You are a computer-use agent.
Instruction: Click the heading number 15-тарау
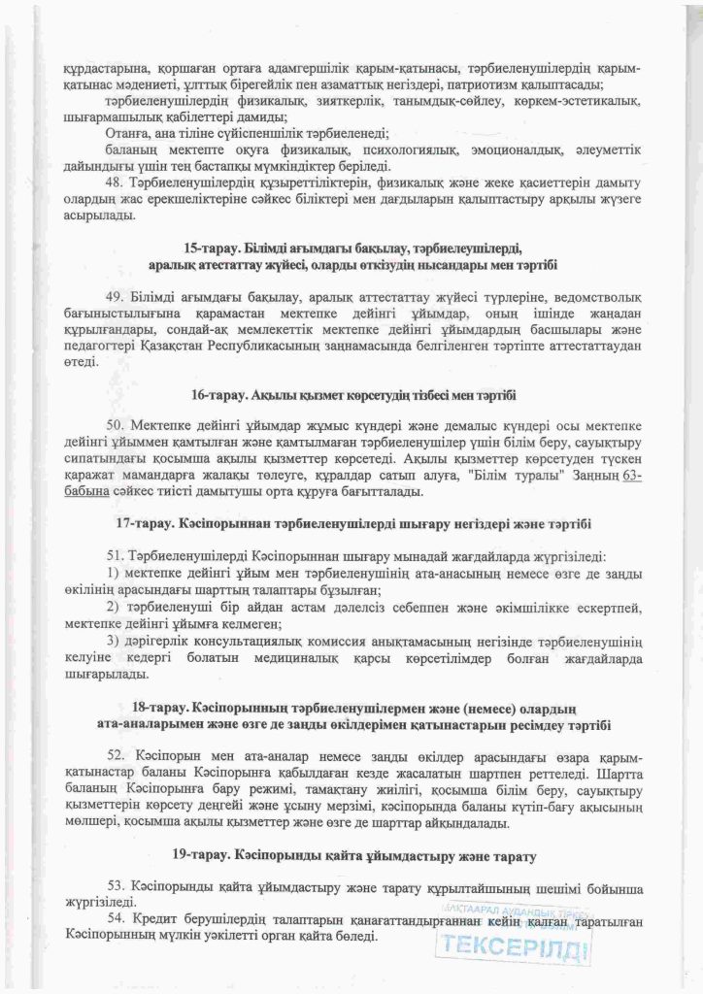point(205,247)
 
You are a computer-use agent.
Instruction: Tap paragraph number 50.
point(117,425)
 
